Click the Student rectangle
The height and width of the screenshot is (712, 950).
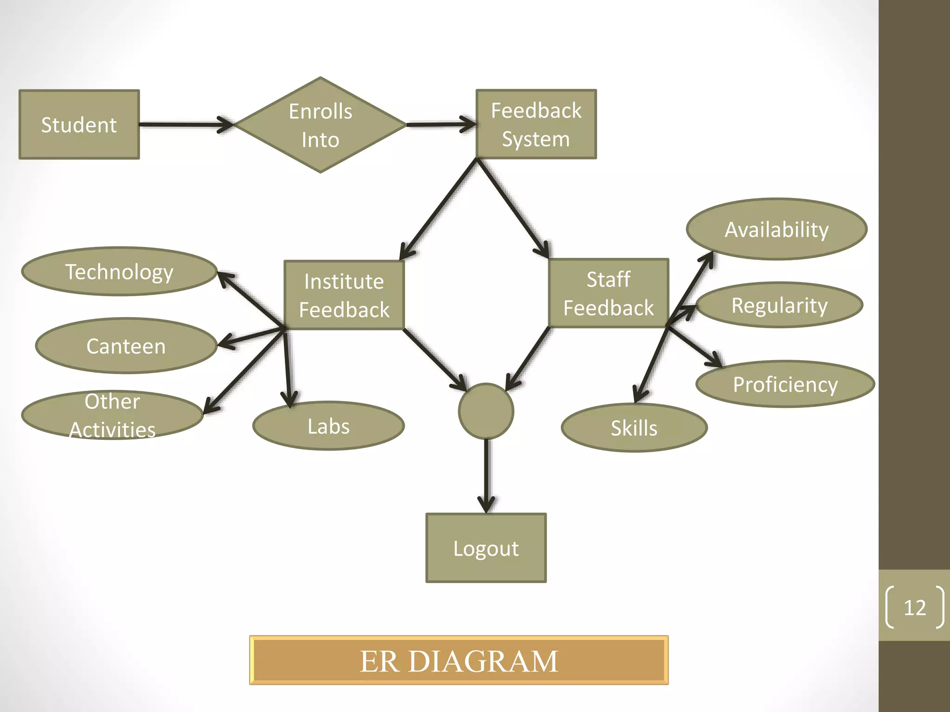click(x=79, y=125)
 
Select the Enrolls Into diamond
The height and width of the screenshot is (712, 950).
click(x=320, y=125)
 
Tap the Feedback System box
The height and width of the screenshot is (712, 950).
click(x=536, y=124)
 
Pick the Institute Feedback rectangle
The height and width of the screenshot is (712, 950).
click(x=344, y=295)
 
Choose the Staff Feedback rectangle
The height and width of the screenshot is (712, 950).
click(x=608, y=293)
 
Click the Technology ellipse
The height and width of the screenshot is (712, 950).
click(x=119, y=272)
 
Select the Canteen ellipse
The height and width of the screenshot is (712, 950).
click(x=126, y=346)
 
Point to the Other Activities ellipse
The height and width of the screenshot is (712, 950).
click(x=112, y=415)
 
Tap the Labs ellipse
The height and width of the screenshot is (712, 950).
click(x=328, y=426)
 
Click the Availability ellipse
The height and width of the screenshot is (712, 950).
click(x=777, y=229)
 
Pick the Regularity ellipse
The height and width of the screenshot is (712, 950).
click(x=779, y=305)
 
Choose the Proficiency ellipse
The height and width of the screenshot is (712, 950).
click(x=785, y=384)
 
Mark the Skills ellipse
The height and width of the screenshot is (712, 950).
click(x=634, y=428)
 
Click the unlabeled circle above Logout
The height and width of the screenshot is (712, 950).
click(x=486, y=411)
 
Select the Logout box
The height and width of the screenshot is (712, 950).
click(x=486, y=548)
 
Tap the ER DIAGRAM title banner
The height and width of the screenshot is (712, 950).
click(x=459, y=660)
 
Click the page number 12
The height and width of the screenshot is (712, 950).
click(x=915, y=607)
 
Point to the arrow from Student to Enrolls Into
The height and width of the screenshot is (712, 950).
click(x=186, y=125)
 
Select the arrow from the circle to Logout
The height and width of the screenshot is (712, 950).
click(x=486, y=475)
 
